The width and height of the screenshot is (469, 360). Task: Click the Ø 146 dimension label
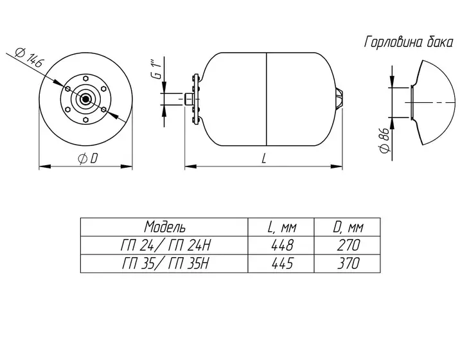(30, 59)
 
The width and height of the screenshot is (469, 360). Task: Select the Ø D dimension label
(87, 159)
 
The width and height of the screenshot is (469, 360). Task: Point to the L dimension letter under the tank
(263, 159)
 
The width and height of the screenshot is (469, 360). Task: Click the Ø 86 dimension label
(385, 140)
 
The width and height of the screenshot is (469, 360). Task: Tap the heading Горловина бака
(408, 42)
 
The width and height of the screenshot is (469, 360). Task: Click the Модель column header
(165, 227)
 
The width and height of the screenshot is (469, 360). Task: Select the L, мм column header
(282, 228)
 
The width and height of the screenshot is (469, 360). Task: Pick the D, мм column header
(348, 228)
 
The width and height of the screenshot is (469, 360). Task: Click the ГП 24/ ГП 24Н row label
(166, 246)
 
